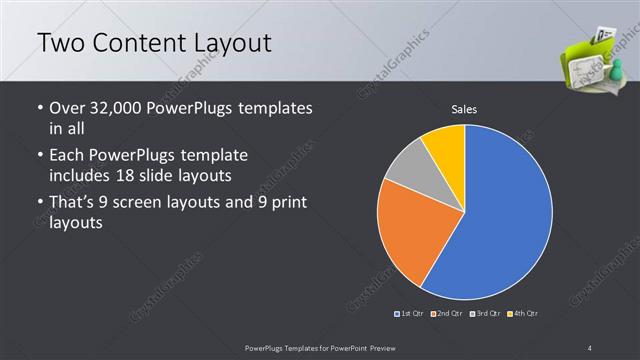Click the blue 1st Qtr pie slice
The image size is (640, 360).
pos(505,215)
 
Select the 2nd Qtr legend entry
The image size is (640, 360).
pos(446,314)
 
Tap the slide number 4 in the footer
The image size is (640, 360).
pos(591,346)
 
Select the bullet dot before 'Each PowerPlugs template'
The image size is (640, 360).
pos(38,156)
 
